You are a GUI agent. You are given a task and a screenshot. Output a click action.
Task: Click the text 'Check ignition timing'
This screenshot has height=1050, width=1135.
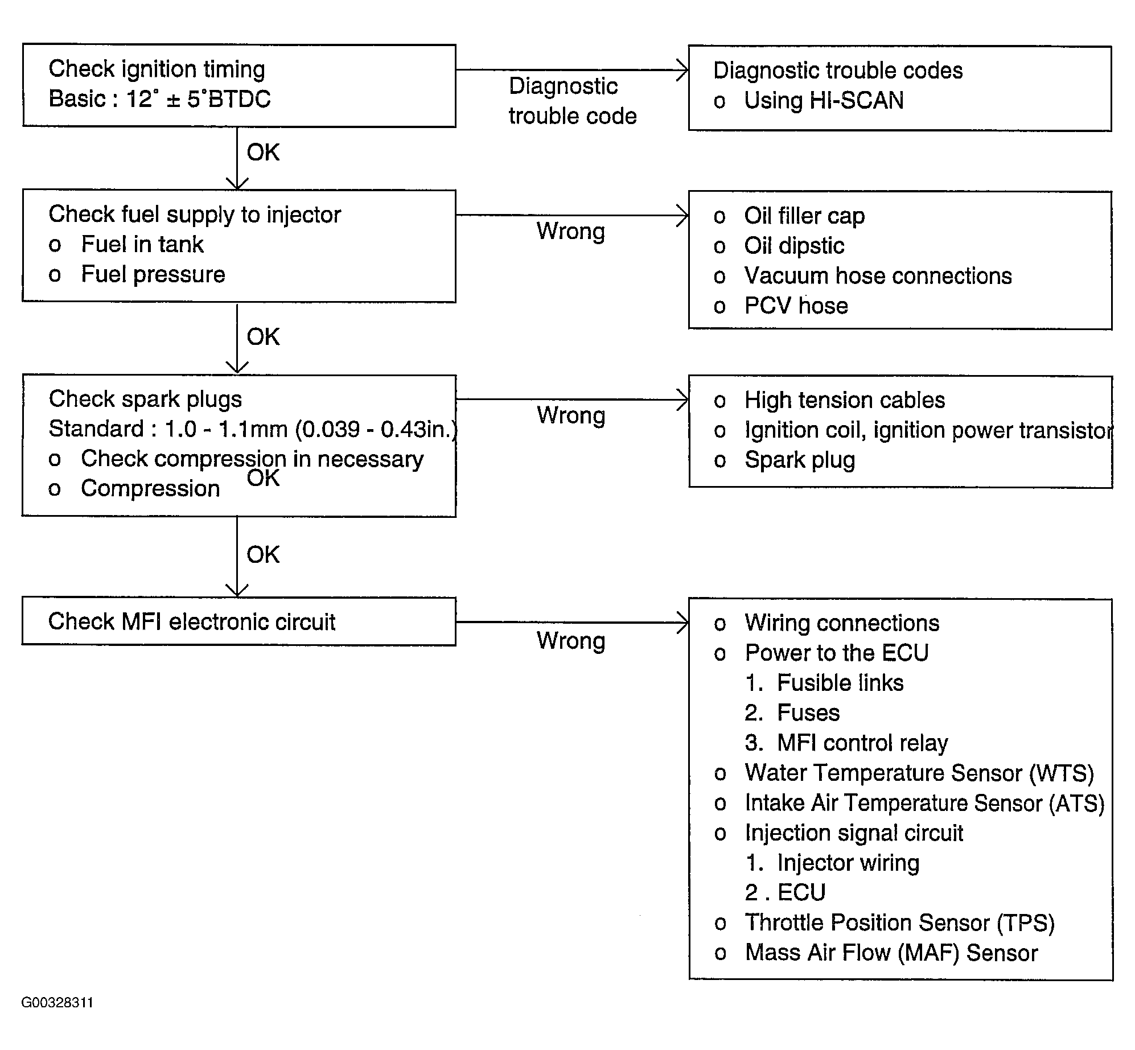tap(157, 69)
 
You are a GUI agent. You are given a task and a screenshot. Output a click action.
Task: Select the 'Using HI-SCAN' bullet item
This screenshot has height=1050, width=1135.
tap(808, 101)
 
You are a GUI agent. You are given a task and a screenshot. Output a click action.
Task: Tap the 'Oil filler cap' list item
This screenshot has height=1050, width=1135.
tap(789, 216)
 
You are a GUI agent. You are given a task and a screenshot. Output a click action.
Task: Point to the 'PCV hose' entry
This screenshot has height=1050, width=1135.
tap(780, 306)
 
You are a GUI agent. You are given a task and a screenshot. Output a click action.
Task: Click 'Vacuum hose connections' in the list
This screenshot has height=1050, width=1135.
tap(862, 276)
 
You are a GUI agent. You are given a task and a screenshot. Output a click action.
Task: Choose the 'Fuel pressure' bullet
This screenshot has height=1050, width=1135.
tap(137, 275)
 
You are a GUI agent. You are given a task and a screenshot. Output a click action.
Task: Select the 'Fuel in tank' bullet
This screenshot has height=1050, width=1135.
tap(126, 245)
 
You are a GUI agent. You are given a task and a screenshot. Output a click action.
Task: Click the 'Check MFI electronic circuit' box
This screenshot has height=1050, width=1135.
tap(239, 621)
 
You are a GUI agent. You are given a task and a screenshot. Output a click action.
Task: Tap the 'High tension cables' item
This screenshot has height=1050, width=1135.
tap(829, 401)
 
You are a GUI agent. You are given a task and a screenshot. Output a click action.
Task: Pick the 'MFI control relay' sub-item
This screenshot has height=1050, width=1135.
tap(846, 743)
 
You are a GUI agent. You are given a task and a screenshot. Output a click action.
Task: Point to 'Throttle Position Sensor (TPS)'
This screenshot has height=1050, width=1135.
tap(884, 923)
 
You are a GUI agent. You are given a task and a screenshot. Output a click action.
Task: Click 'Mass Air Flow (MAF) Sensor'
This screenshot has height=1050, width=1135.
tap(875, 953)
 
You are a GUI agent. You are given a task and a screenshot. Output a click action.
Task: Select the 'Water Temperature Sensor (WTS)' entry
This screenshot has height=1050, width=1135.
tap(903, 773)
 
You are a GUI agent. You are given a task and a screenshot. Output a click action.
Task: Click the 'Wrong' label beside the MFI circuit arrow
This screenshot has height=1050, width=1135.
tap(571, 641)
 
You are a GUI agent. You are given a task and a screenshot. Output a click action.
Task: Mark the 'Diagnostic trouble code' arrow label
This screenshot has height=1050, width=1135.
tap(573, 101)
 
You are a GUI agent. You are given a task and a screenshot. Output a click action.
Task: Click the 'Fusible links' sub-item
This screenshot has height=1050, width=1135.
tap(824, 683)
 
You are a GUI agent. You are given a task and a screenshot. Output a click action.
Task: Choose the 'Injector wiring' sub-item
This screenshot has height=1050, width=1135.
tap(832, 863)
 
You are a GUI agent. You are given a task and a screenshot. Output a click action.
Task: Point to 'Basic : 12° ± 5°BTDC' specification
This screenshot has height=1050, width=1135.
tap(159, 99)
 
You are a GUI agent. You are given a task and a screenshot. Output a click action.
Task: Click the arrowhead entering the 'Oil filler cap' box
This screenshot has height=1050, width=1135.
tap(682, 215)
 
